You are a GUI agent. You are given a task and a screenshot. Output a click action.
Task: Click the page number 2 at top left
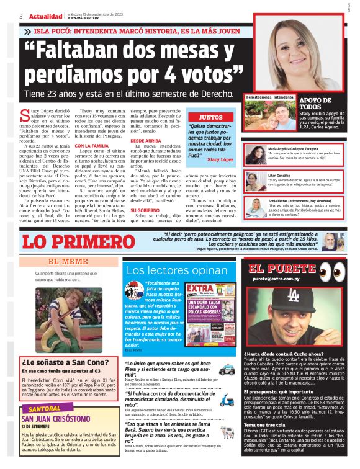click(x=20, y=16)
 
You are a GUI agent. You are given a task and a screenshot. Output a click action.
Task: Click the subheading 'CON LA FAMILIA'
click(x=91, y=146)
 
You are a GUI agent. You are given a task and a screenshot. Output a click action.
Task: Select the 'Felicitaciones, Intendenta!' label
click(x=270, y=98)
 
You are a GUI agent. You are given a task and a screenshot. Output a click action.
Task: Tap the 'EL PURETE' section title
click(x=277, y=269)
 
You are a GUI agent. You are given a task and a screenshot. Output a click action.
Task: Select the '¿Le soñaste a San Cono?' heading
click(x=61, y=360)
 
